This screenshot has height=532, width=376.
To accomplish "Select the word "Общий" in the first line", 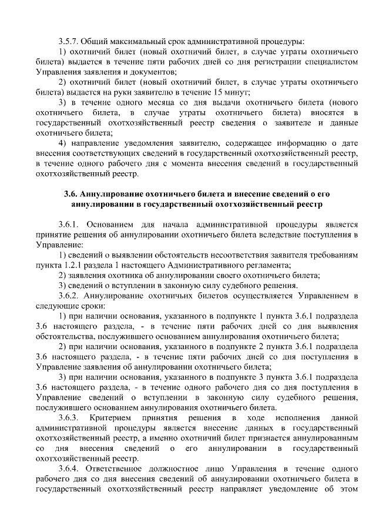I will point(92,42).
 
